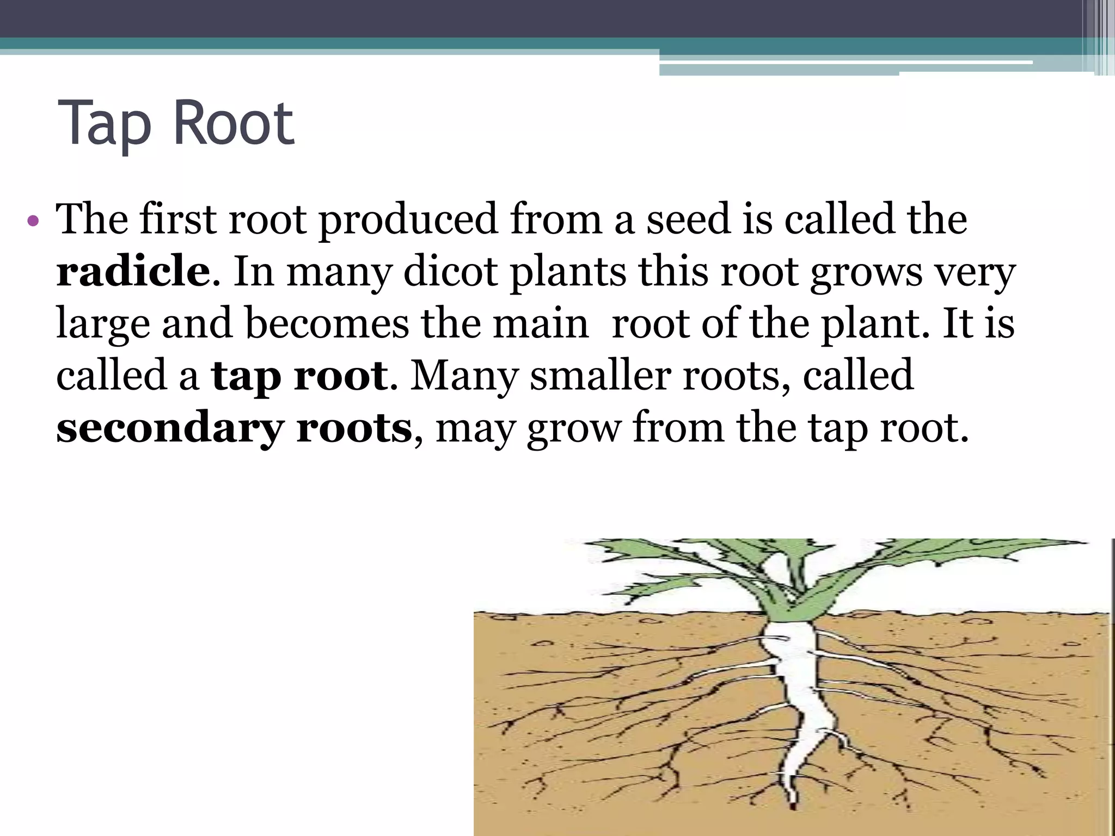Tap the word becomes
coord(327,323)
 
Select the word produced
coord(408,220)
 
